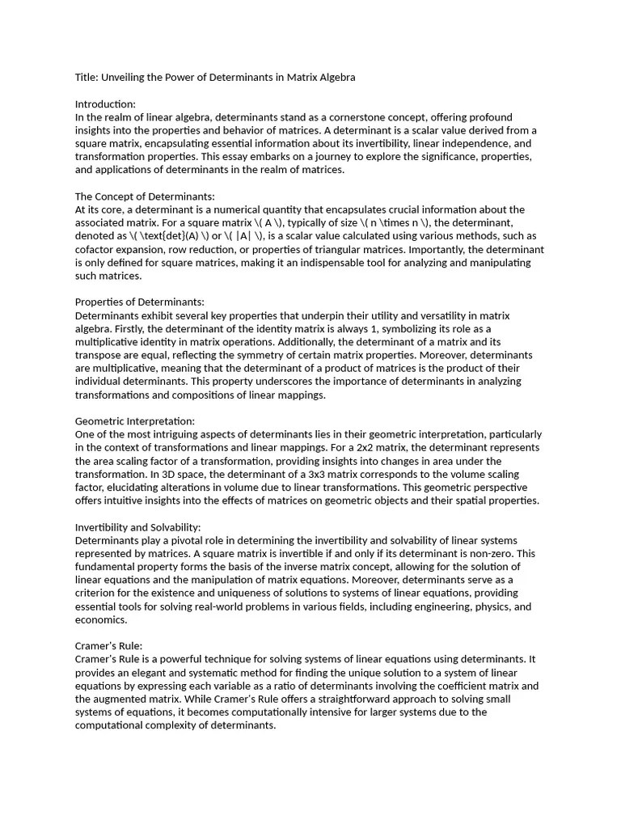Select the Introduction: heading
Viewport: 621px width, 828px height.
pos(105,104)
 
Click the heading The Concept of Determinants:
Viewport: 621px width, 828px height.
pos(145,196)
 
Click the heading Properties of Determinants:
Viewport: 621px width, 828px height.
pos(139,302)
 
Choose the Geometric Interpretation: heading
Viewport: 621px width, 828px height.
pos(134,421)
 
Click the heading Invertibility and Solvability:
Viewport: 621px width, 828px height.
pos(137,527)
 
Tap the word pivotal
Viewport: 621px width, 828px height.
pos(184,540)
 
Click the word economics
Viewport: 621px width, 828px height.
pos(100,620)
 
